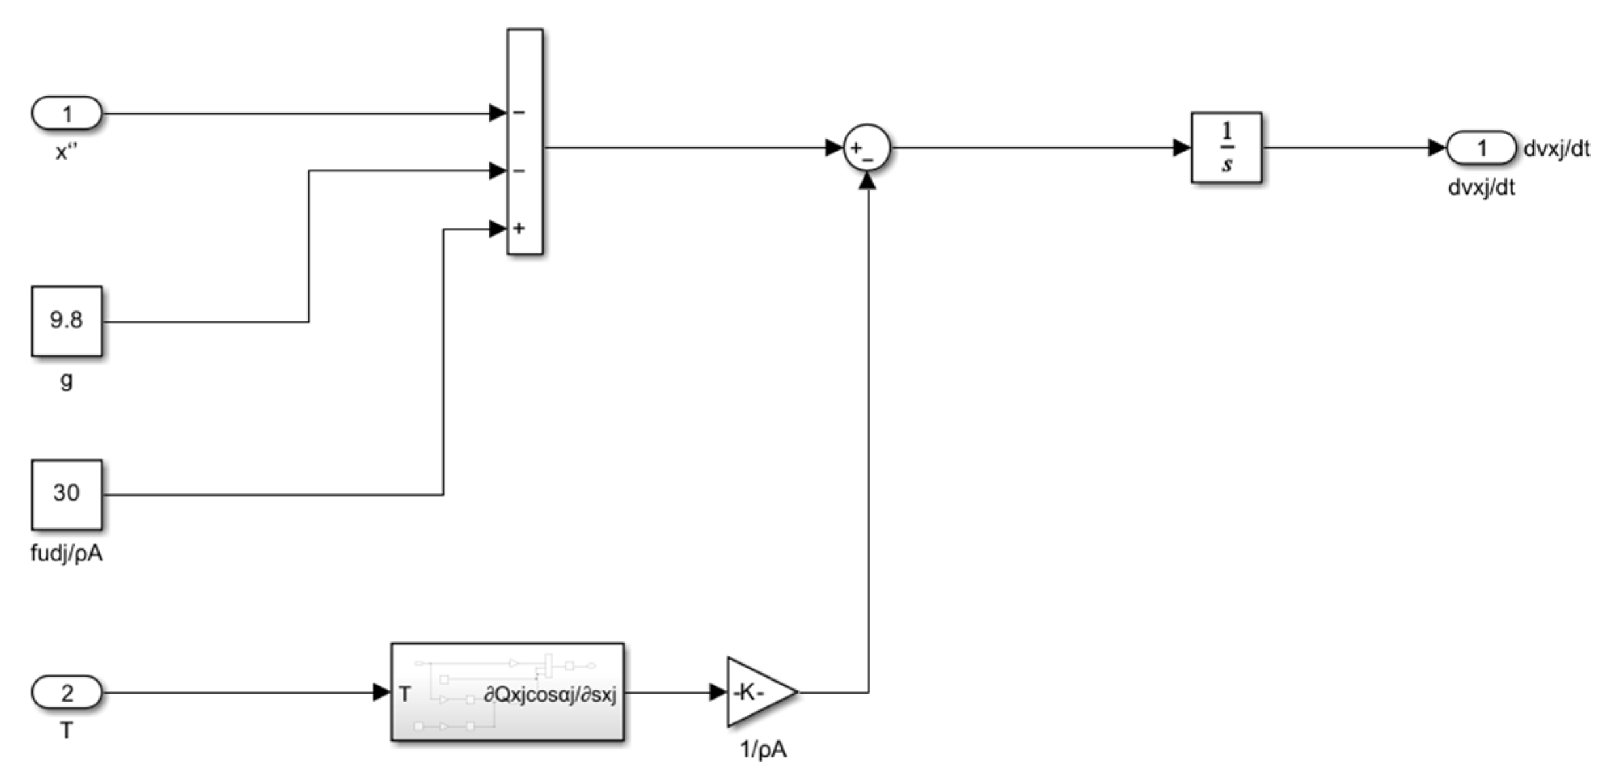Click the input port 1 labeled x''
(x=67, y=114)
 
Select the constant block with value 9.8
(x=67, y=321)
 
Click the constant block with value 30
(x=67, y=494)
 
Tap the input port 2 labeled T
(x=67, y=692)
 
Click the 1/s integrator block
(x=1226, y=147)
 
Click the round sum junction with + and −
(x=866, y=148)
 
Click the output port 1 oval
(x=1481, y=148)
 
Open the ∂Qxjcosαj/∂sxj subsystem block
(x=508, y=692)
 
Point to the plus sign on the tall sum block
(x=519, y=228)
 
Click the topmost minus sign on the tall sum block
(x=519, y=113)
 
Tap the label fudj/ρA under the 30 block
(x=67, y=554)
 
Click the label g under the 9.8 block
(x=67, y=380)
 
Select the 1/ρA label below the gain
(x=763, y=749)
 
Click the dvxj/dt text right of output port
(x=1557, y=149)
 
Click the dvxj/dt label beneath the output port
(x=1481, y=188)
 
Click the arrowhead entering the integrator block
(x=1181, y=148)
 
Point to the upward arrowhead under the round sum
(x=867, y=181)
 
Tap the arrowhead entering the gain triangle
(x=718, y=692)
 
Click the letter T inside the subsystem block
(x=405, y=694)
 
